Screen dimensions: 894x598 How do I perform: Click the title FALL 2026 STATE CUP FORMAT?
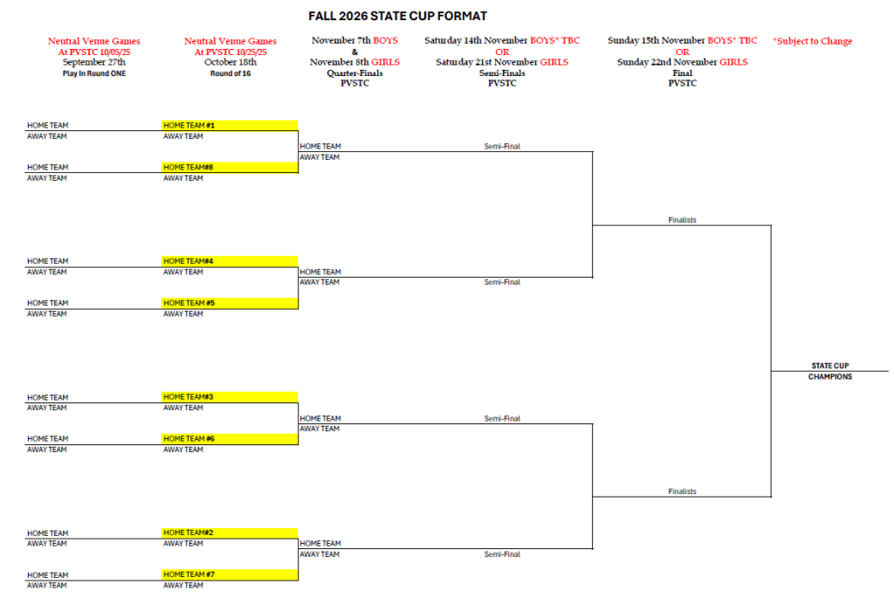click(397, 16)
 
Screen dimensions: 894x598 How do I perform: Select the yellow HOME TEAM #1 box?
click(230, 126)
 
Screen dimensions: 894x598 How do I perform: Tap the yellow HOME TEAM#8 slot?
click(230, 168)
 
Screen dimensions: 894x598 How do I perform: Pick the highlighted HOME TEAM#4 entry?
click(230, 261)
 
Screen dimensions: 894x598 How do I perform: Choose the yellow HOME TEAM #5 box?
click(230, 303)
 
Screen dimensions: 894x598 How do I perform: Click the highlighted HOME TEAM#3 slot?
click(230, 396)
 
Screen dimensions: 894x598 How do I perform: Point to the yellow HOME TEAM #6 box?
click(230, 439)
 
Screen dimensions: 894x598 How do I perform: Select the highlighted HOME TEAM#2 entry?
click(230, 533)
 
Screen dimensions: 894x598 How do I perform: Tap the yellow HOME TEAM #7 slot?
click(230, 574)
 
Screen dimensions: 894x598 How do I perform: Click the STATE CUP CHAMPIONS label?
click(830, 371)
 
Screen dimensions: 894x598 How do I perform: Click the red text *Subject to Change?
click(813, 41)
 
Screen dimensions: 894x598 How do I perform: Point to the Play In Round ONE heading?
click(94, 73)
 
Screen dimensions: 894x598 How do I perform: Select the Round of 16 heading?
click(230, 73)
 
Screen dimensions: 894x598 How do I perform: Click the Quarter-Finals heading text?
click(354, 73)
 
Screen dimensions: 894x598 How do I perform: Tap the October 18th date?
click(230, 62)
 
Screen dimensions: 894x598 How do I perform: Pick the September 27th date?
click(94, 62)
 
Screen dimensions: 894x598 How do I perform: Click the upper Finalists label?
click(682, 220)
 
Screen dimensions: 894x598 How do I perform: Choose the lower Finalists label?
click(682, 491)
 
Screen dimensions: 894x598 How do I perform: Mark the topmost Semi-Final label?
click(502, 147)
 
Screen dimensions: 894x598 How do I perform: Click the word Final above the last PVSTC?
click(683, 73)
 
